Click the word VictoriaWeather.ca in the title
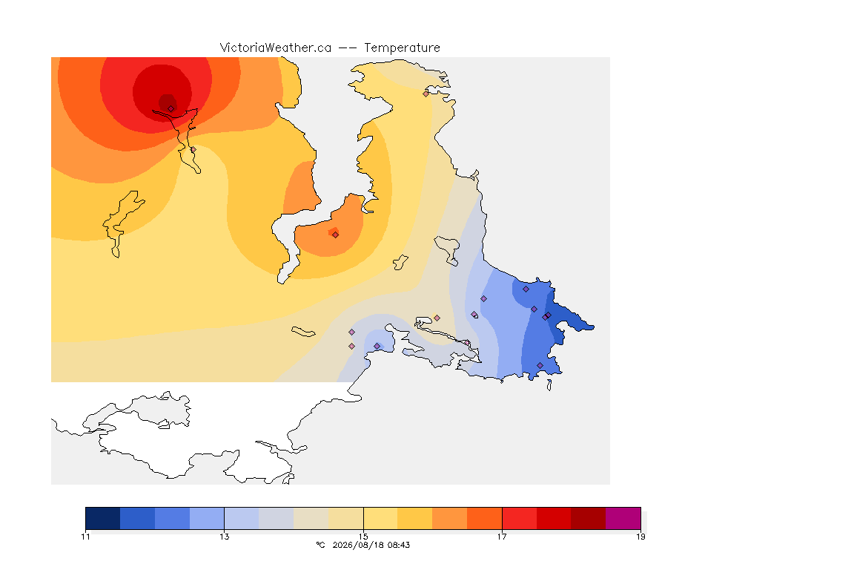point(276,48)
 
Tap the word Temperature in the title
point(402,48)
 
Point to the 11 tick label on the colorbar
point(85,537)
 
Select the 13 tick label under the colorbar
point(225,537)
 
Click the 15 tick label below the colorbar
point(363,537)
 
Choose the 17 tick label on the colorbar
point(502,537)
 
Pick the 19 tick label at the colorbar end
point(640,537)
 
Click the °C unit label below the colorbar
point(320,545)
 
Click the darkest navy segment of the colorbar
point(103,518)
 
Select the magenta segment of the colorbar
point(623,518)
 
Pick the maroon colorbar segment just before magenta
point(588,518)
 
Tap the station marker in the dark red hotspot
point(171,108)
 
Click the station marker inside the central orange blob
point(336,235)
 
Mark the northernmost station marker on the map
point(426,94)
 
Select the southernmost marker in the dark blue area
point(540,365)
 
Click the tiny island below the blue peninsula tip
point(549,385)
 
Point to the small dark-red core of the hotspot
point(168,102)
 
